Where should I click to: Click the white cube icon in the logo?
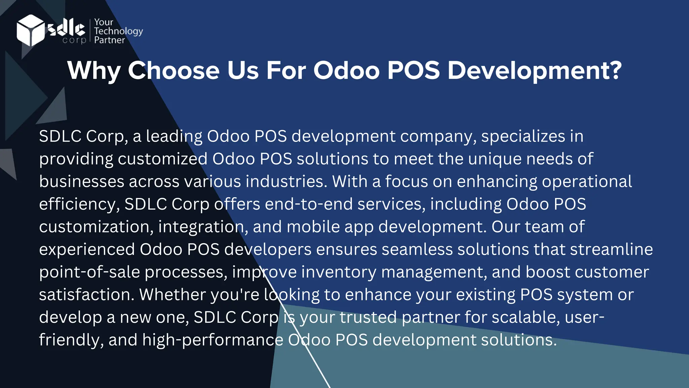[x=30, y=30]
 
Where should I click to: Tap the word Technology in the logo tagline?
[x=118, y=31]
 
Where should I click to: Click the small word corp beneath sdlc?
[x=74, y=40]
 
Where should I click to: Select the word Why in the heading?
[x=94, y=71]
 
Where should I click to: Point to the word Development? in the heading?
[x=535, y=71]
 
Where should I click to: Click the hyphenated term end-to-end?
[x=309, y=204]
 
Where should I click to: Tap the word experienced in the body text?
[x=87, y=250]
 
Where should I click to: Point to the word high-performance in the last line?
[x=213, y=340]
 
